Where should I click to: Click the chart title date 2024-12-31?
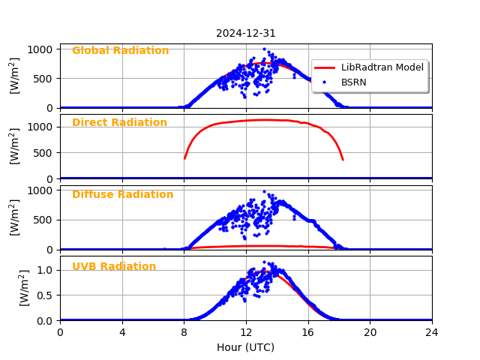(246, 33)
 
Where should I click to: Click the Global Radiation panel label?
(120, 51)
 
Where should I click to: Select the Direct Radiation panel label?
(119, 123)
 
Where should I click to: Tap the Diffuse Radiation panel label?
(122, 195)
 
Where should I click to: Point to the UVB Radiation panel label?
(114, 267)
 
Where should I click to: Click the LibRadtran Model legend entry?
(382, 67)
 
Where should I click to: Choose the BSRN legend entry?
(353, 82)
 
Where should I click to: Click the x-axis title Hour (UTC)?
(246, 347)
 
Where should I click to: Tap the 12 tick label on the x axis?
(246, 332)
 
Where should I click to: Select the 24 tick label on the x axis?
(432, 332)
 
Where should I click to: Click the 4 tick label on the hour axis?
(122, 332)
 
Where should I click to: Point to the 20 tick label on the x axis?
(370, 332)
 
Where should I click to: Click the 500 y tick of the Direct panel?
(43, 153)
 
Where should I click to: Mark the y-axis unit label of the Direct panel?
(15, 146)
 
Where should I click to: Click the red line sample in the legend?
(325, 67)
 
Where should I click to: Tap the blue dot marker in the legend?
(325, 82)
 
